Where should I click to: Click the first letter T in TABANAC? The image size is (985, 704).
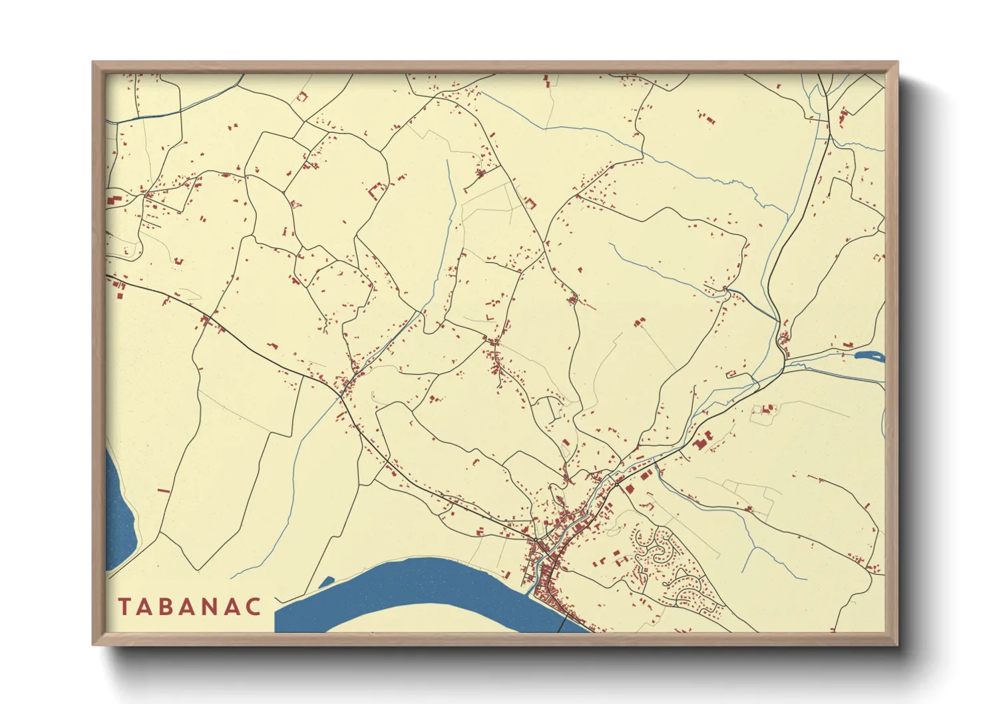124,607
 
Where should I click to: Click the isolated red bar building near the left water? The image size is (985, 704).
164,491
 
